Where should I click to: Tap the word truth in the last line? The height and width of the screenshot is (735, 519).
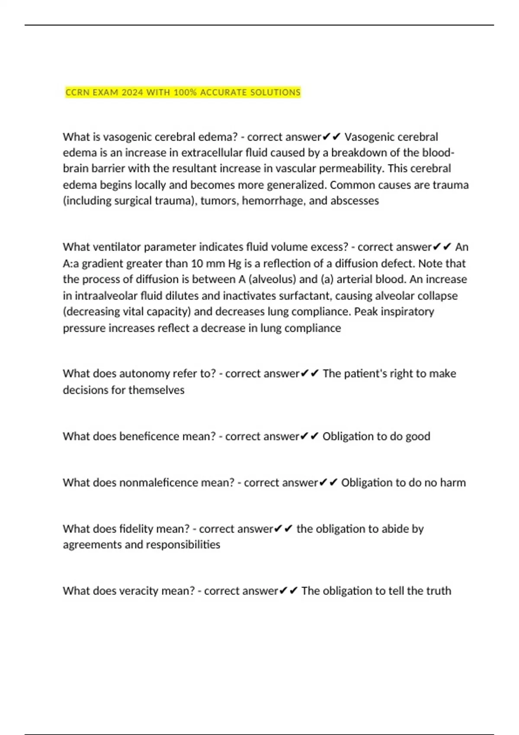439,591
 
